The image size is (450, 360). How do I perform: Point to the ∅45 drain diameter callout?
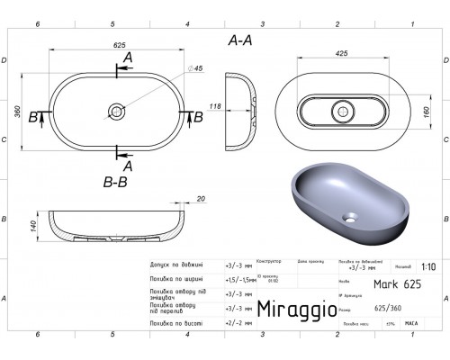[196, 70]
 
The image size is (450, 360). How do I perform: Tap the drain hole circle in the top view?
[116, 112]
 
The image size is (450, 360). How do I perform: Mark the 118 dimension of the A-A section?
[215, 106]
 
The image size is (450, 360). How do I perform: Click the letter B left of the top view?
[34, 116]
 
